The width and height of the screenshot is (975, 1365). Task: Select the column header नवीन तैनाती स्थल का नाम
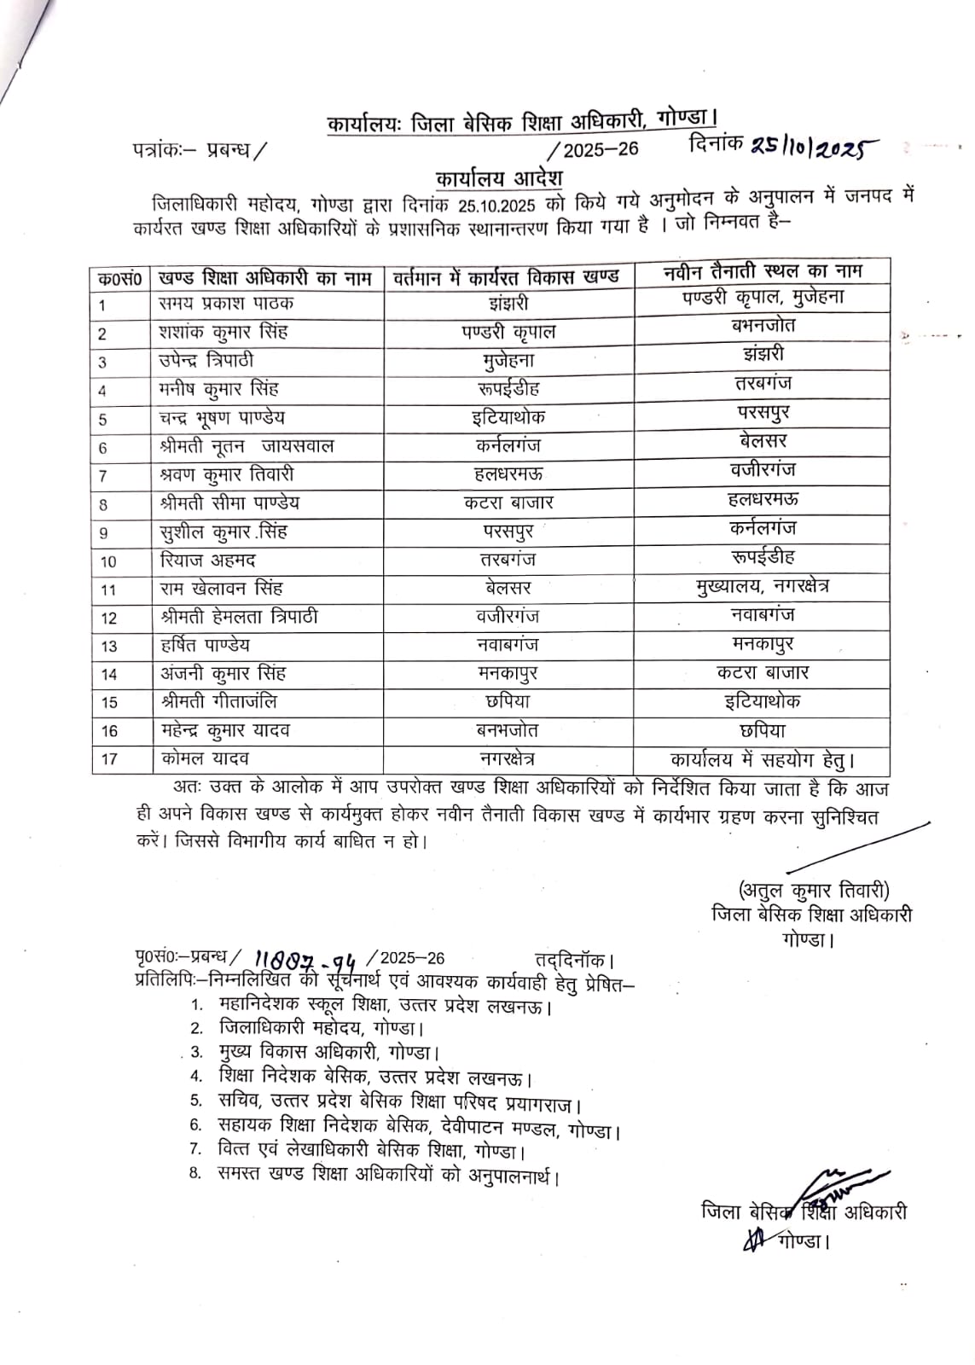(x=763, y=272)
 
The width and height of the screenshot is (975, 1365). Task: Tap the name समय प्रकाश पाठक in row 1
(x=227, y=304)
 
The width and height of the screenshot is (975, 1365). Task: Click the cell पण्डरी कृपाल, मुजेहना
(x=763, y=298)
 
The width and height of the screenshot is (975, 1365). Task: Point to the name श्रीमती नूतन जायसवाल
(x=247, y=446)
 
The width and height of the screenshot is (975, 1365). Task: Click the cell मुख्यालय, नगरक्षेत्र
(x=763, y=586)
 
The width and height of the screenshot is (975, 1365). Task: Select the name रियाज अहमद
(x=207, y=561)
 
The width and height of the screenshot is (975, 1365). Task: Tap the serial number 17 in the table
(x=109, y=758)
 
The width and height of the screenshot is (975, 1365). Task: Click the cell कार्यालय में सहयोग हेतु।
(x=763, y=758)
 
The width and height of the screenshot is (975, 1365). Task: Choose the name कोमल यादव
(x=205, y=758)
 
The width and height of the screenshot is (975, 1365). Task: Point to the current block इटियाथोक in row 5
(x=508, y=417)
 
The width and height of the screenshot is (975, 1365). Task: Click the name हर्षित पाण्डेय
(x=205, y=645)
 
